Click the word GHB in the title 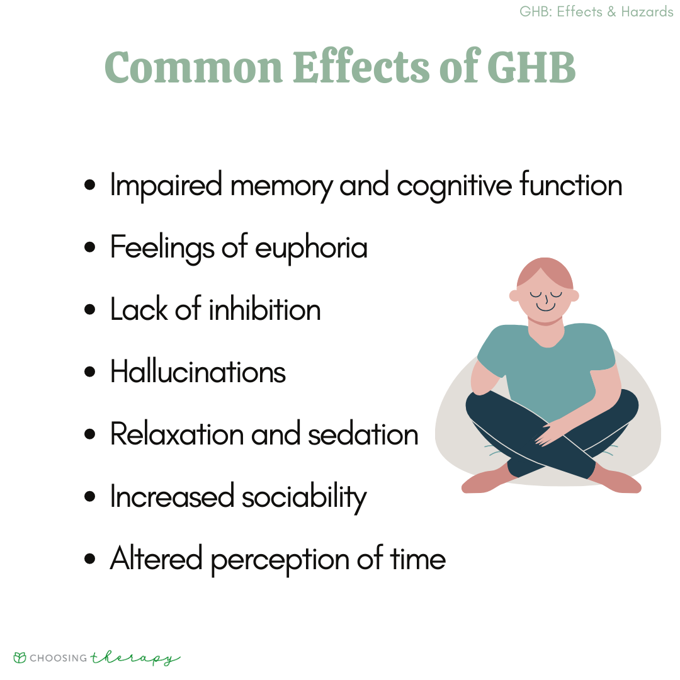[531, 67]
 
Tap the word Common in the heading [193, 67]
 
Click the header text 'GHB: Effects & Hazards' [596, 11]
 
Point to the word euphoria [312, 249]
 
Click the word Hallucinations [198, 371]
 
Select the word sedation [363, 434]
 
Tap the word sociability [304, 497]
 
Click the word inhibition [265, 309]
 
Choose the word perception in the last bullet [280, 560]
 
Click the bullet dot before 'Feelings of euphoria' [90, 247]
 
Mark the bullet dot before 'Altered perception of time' [90, 559]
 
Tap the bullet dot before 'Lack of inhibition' [90, 310]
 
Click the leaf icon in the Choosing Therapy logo [20, 657]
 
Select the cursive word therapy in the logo [135, 659]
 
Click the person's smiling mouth [545, 307]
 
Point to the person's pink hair [545, 273]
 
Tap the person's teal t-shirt [547, 368]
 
